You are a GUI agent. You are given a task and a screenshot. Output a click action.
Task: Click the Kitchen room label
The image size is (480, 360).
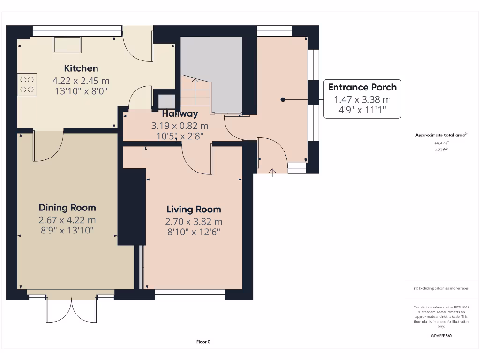tap(81, 68)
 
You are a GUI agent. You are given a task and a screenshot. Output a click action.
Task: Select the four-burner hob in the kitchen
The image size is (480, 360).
tap(27, 84)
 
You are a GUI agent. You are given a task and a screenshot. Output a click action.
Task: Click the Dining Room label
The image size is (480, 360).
tap(67, 208)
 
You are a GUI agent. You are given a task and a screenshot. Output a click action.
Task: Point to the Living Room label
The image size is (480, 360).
tap(194, 210)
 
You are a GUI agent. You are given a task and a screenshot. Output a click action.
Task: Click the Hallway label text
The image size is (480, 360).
tap(180, 113)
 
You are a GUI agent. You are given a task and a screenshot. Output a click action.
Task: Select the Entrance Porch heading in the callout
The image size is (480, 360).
tap(362, 87)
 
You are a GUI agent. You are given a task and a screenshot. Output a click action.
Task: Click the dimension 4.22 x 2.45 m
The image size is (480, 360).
tap(81, 81)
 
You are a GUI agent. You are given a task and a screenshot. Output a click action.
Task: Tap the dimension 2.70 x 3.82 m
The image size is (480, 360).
tap(194, 222)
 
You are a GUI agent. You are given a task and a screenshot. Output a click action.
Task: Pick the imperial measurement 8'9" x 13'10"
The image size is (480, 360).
tap(67, 230)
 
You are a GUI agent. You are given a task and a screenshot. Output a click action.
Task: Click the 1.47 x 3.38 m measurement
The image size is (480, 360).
tap(362, 99)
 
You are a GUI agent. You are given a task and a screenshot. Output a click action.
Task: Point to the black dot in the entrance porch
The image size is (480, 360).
tap(283, 99)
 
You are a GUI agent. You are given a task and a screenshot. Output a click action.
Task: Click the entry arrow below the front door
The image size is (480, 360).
tap(272, 172)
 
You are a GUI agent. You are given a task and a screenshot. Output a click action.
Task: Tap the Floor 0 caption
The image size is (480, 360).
tap(203, 342)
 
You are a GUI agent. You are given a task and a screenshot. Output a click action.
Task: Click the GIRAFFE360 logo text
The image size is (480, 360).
tap(442, 336)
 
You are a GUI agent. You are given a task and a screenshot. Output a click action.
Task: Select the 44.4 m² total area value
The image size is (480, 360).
tap(442, 143)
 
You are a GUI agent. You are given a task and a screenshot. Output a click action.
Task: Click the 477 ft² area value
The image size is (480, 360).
tap(442, 150)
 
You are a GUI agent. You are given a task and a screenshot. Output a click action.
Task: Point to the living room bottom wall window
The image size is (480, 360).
tap(190, 294)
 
